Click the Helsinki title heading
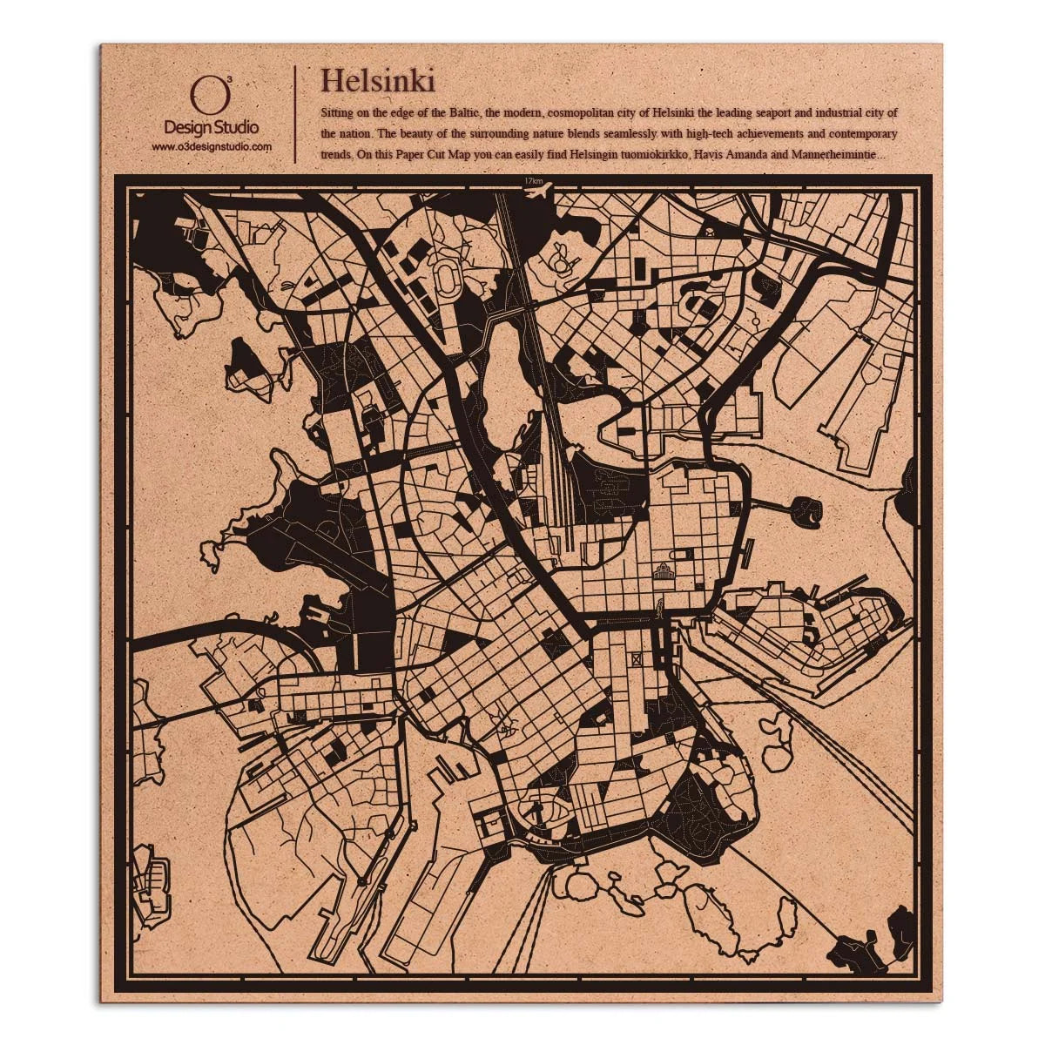coord(378,81)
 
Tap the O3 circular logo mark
coord(203,94)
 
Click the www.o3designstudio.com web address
coord(212,147)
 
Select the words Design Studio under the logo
coord(212,129)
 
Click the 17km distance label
coord(534,180)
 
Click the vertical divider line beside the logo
coord(296,113)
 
